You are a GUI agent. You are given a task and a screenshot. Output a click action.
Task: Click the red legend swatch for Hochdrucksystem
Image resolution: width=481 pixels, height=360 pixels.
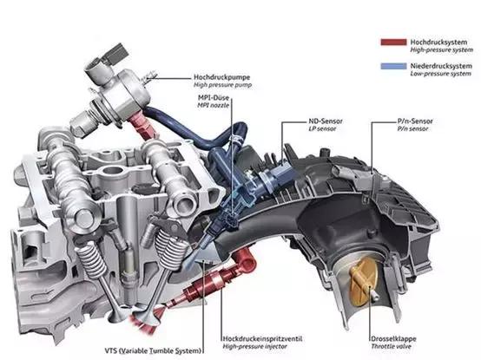(x=393, y=42)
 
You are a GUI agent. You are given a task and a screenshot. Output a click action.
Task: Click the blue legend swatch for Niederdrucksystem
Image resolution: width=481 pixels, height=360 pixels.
(x=393, y=66)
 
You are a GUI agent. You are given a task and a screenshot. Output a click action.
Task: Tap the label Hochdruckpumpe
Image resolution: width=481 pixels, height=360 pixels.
(x=221, y=77)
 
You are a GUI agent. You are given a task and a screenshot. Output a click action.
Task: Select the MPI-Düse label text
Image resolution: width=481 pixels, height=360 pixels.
(x=214, y=98)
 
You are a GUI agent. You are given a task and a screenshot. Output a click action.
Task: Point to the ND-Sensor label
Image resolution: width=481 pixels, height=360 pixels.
(x=326, y=121)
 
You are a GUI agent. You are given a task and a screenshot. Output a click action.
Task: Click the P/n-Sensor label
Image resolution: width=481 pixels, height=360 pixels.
(x=415, y=121)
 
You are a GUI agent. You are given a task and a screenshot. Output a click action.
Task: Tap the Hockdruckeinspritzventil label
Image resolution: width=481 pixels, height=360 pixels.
(x=262, y=339)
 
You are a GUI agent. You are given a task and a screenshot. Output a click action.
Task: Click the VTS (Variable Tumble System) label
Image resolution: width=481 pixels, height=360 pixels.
(x=153, y=350)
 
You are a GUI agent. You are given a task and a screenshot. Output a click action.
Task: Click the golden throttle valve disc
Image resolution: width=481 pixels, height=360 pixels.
(x=364, y=282)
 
